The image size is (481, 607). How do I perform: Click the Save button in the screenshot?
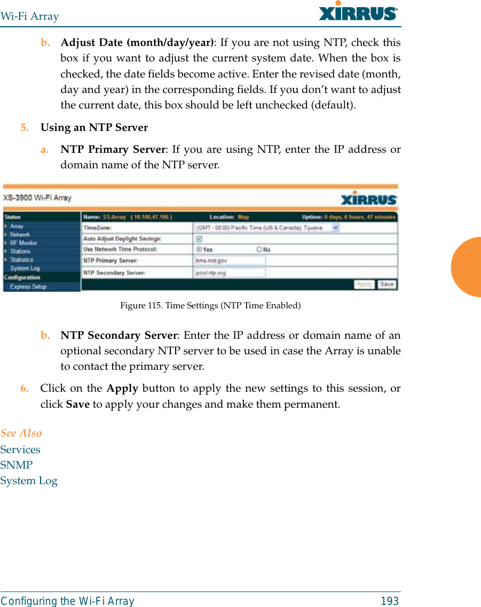tap(387, 285)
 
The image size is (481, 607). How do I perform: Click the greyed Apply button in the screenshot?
tap(364, 285)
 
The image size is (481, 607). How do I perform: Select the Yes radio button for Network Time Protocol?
tap(199, 250)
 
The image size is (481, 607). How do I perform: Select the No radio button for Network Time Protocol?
tap(259, 250)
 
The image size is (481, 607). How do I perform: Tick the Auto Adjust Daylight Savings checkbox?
tap(199, 239)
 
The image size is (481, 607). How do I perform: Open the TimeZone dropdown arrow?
tap(335, 228)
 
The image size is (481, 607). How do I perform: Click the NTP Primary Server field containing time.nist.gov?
tap(230, 261)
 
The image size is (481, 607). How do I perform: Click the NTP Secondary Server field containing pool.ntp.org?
tap(230, 273)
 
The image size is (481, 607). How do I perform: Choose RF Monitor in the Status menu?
tap(23, 243)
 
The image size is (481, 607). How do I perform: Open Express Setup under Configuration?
tap(28, 287)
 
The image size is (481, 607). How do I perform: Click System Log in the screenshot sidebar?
tap(25, 268)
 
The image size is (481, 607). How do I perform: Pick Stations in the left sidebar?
tap(20, 251)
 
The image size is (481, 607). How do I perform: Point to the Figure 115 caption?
tap(210, 306)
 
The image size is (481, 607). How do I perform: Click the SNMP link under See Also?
tap(17, 465)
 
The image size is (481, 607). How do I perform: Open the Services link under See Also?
tap(20, 449)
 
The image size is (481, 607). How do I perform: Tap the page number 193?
tap(390, 601)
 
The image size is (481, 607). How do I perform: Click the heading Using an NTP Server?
tap(94, 128)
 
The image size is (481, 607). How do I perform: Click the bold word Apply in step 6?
tap(122, 388)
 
